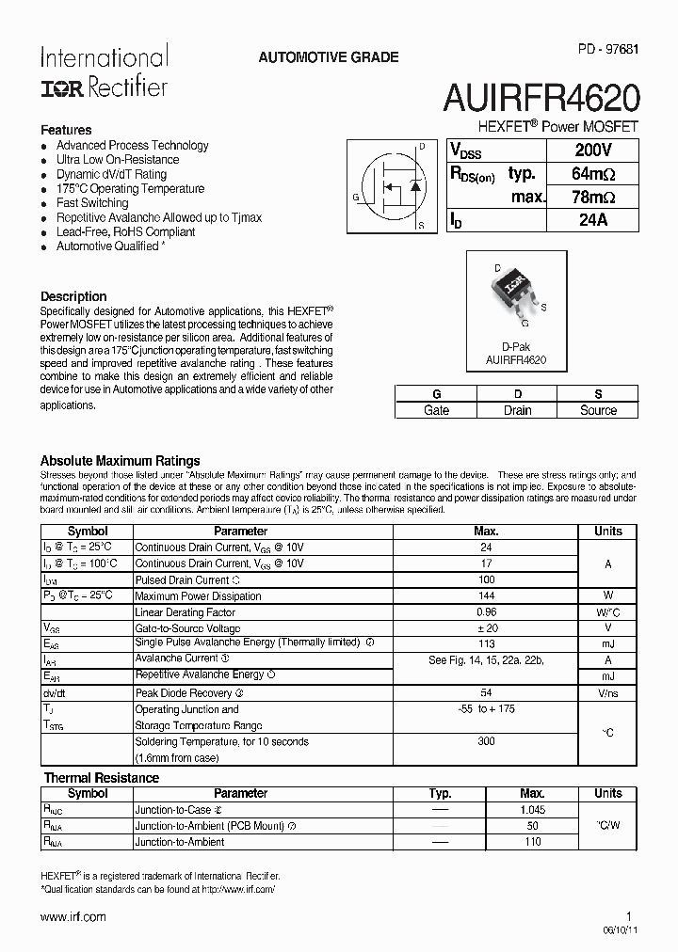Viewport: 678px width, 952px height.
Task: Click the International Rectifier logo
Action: click(104, 71)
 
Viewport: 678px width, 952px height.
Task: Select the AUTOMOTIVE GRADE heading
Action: click(328, 57)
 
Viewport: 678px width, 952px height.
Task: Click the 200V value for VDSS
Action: click(593, 151)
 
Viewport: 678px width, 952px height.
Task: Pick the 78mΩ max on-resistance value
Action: click(593, 197)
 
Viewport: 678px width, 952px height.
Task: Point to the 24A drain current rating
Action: click(593, 220)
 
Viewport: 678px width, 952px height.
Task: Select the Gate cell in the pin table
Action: click(436, 410)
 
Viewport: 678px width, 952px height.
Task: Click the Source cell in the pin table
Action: click(598, 410)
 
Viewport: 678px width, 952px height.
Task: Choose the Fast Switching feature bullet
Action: click(92, 203)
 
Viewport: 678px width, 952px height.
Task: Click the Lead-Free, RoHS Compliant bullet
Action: click(125, 231)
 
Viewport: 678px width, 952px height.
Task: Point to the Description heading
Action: click(73, 296)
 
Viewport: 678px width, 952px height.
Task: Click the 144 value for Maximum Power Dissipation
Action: click(487, 595)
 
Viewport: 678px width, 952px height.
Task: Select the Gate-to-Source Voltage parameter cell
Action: click(187, 627)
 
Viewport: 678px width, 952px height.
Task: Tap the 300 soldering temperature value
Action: click(487, 741)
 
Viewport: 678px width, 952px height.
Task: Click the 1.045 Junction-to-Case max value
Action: click(532, 810)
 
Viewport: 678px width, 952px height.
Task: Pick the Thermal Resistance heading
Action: click(102, 778)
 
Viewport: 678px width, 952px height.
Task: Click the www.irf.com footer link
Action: click(73, 916)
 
